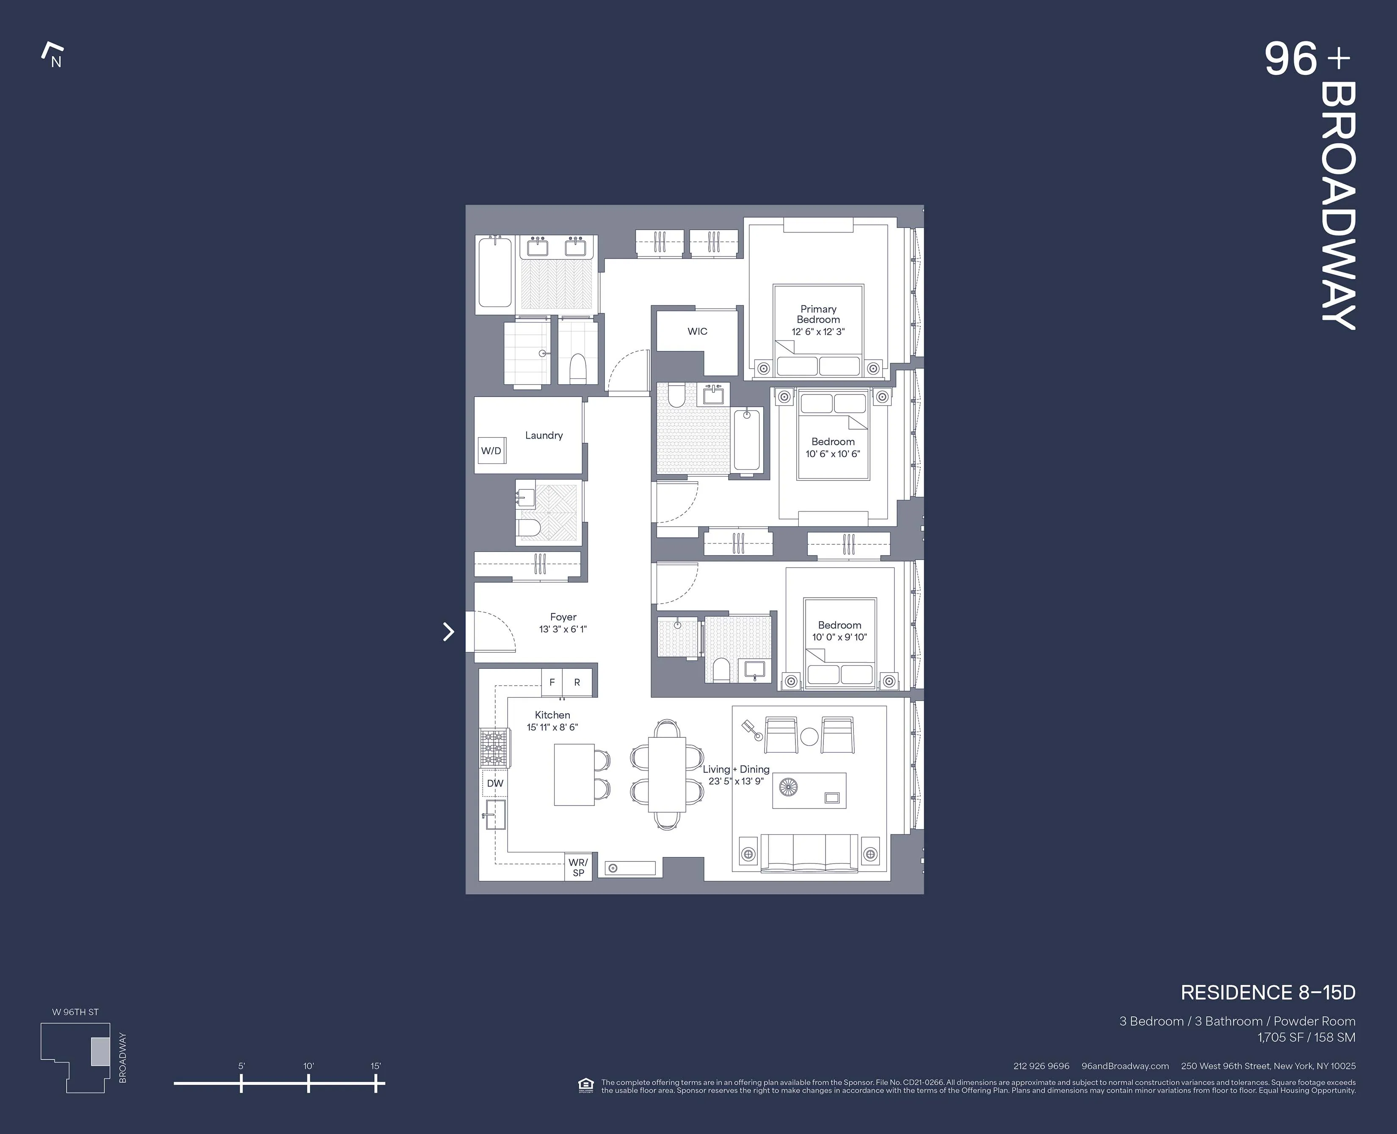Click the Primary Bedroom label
(x=818, y=314)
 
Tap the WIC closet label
(x=697, y=331)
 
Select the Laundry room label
(x=544, y=435)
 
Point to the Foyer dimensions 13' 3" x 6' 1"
(x=563, y=629)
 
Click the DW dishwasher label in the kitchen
(x=495, y=783)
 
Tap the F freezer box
(x=552, y=682)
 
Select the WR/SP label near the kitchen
(x=578, y=867)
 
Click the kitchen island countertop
(x=574, y=775)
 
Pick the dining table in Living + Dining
(x=667, y=775)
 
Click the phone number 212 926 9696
(x=1041, y=1066)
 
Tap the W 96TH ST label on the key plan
(x=75, y=1012)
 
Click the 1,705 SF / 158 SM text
(x=1306, y=1037)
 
